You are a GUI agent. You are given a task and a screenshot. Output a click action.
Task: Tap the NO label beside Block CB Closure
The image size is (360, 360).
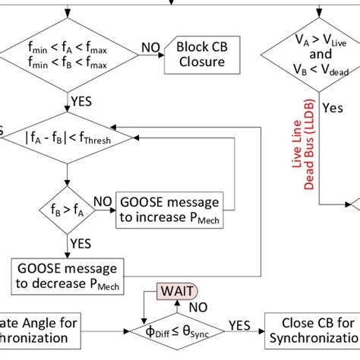[x=150, y=48]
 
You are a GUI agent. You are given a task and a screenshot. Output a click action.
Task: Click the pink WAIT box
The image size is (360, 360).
[x=175, y=292]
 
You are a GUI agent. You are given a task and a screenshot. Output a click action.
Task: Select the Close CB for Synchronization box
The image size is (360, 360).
[x=311, y=330]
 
